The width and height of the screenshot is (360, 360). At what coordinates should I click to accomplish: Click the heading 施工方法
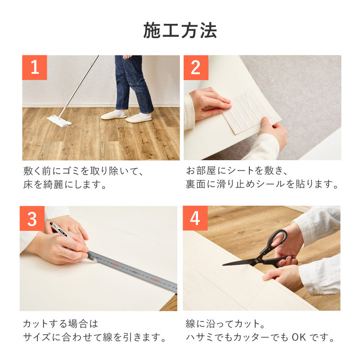tap(180, 31)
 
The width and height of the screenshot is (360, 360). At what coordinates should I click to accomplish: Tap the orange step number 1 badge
tap(35, 67)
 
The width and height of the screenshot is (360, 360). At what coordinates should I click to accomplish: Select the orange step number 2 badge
tap(196, 67)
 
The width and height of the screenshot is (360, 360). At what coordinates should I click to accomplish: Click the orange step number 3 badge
tap(32, 218)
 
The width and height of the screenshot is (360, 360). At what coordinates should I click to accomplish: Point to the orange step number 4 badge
tap(195, 218)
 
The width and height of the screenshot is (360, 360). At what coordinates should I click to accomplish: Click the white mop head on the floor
tap(59, 121)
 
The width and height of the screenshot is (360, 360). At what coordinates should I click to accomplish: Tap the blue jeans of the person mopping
tap(133, 83)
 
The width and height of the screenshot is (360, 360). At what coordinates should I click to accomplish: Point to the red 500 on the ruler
tap(156, 280)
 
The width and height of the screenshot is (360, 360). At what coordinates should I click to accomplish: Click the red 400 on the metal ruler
tap(116, 265)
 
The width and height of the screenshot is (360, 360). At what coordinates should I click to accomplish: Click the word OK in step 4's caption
tap(299, 337)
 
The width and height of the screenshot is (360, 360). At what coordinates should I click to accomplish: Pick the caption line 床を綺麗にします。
tap(65, 184)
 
